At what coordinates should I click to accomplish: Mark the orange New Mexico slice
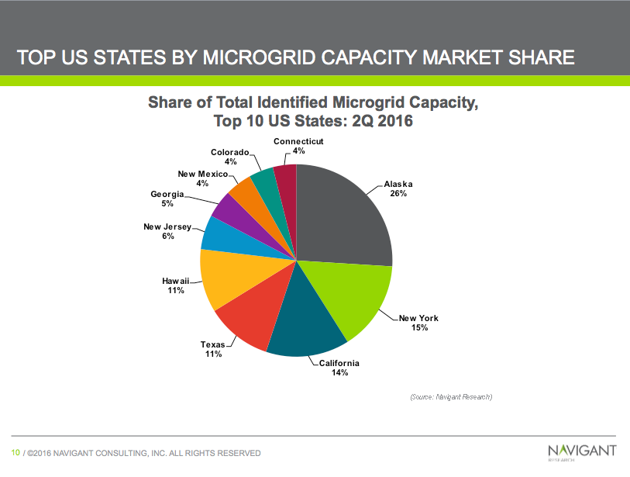pos(246,189)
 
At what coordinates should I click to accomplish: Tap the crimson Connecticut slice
pos(286,176)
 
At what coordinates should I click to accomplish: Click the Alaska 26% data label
pos(398,188)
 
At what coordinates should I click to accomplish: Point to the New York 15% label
pos(418,323)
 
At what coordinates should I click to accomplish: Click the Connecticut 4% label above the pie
pos(298,146)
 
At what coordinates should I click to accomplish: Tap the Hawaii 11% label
pos(175,285)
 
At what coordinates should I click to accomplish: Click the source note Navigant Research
pos(451,396)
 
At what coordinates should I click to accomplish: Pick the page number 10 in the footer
pos(15,452)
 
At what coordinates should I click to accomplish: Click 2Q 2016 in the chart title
pos(370,121)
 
